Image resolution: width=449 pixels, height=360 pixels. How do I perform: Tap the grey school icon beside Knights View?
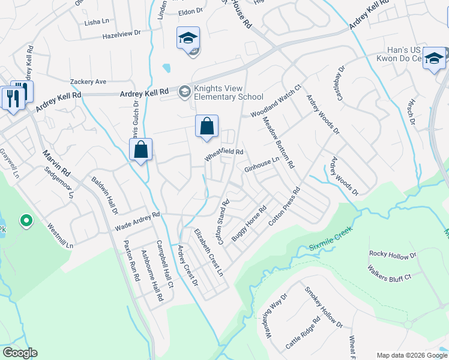(184, 91)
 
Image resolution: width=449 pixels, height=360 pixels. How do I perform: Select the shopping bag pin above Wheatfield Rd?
(206, 127)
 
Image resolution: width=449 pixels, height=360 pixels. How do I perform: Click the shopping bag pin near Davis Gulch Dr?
(140, 151)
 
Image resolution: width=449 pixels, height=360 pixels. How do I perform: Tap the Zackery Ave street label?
(88, 82)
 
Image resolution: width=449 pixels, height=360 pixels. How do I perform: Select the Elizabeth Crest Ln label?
(208, 252)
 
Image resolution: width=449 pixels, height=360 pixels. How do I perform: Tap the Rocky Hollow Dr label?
(393, 255)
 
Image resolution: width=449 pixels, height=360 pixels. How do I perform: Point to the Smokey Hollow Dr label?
(323, 308)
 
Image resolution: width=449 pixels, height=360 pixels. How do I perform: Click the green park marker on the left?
(26, 221)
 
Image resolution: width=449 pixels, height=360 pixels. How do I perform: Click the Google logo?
(20, 353)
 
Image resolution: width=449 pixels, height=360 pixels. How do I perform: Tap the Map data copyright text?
(411, 355)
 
